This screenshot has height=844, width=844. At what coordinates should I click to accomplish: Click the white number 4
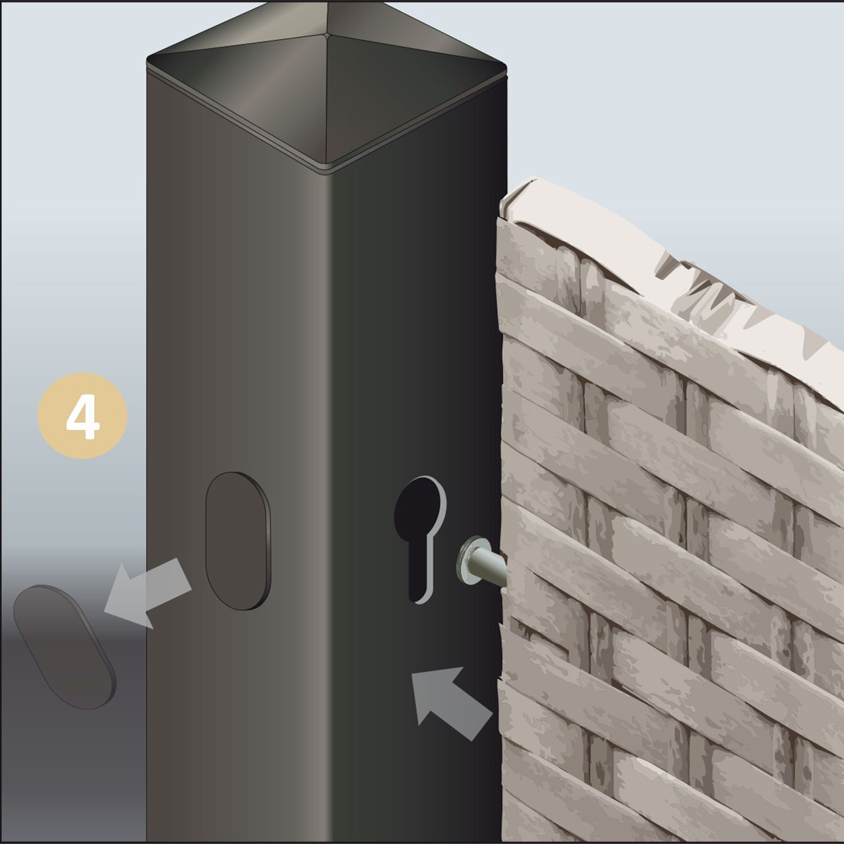click(x=83, y=417)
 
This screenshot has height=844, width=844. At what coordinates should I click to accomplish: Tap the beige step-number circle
click(x=82, y=415)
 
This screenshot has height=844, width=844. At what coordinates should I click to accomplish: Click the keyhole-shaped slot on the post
click(x=419, y=539)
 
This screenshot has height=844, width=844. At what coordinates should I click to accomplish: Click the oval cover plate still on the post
click(x=238, y=541)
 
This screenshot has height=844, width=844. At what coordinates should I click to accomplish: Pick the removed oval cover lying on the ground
click(x=65, y=648)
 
